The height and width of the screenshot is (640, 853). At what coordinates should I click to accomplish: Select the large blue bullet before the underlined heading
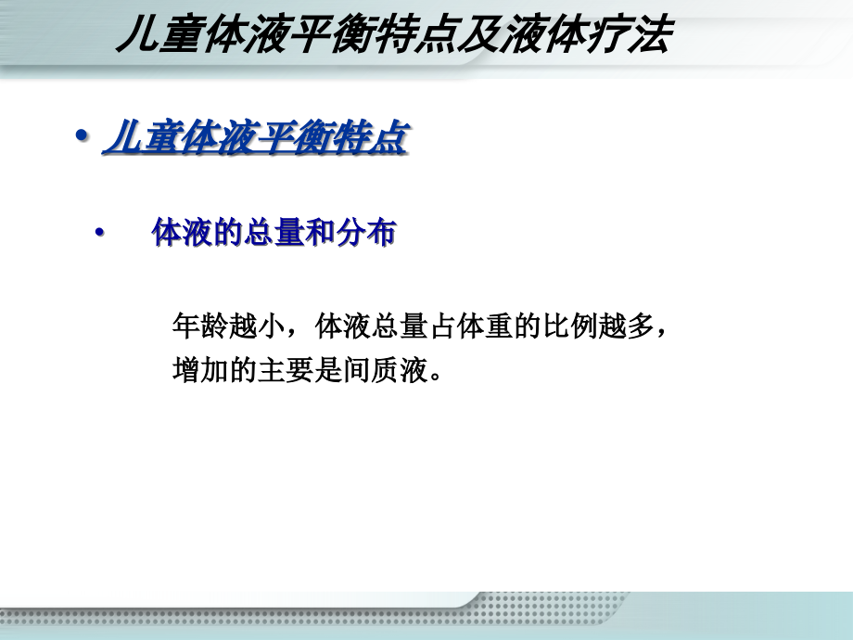click(81, 136)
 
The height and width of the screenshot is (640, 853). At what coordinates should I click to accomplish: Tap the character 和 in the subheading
click(318, 234)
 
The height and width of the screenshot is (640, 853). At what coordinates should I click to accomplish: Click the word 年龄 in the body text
click(198, 326)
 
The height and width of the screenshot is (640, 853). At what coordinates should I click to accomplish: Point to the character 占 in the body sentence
click(439, 326)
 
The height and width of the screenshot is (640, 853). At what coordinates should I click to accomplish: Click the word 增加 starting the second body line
click(198, 371)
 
